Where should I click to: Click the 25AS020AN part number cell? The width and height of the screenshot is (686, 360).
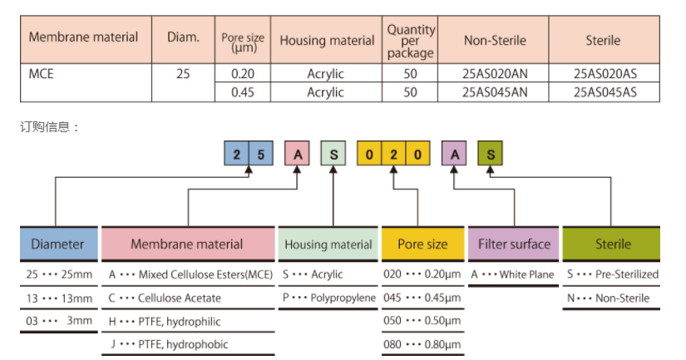[495, 73]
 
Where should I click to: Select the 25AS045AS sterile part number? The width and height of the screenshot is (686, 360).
[605, 92]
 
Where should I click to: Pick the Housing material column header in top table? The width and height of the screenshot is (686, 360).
[327, 40]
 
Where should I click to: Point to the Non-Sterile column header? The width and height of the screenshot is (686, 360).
[495, 40]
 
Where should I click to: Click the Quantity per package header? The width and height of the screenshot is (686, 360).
[410, 40]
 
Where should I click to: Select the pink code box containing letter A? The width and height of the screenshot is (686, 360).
[297, 155]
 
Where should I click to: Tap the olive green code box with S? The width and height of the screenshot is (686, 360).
[491, 155]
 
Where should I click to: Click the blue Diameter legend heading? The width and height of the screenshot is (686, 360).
[57, 244]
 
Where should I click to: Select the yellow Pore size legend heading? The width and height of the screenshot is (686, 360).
[422, 244]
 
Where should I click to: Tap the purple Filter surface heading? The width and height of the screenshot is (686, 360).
[514, 244]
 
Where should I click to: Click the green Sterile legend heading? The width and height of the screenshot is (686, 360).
[613, 244]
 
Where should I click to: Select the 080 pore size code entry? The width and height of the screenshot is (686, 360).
[422, 344]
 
